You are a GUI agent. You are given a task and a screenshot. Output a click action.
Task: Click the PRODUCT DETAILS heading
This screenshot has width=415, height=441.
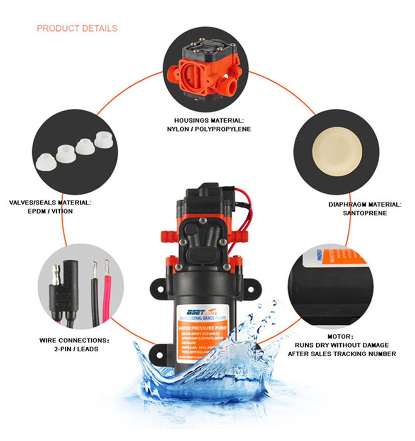point(77,29)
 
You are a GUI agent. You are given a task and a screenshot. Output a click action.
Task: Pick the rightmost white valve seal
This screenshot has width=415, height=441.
point(104,139)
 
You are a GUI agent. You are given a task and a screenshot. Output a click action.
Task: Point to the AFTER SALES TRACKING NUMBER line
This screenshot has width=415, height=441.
point(342,354)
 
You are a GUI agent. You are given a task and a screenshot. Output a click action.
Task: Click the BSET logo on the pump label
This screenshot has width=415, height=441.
point(194,311)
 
